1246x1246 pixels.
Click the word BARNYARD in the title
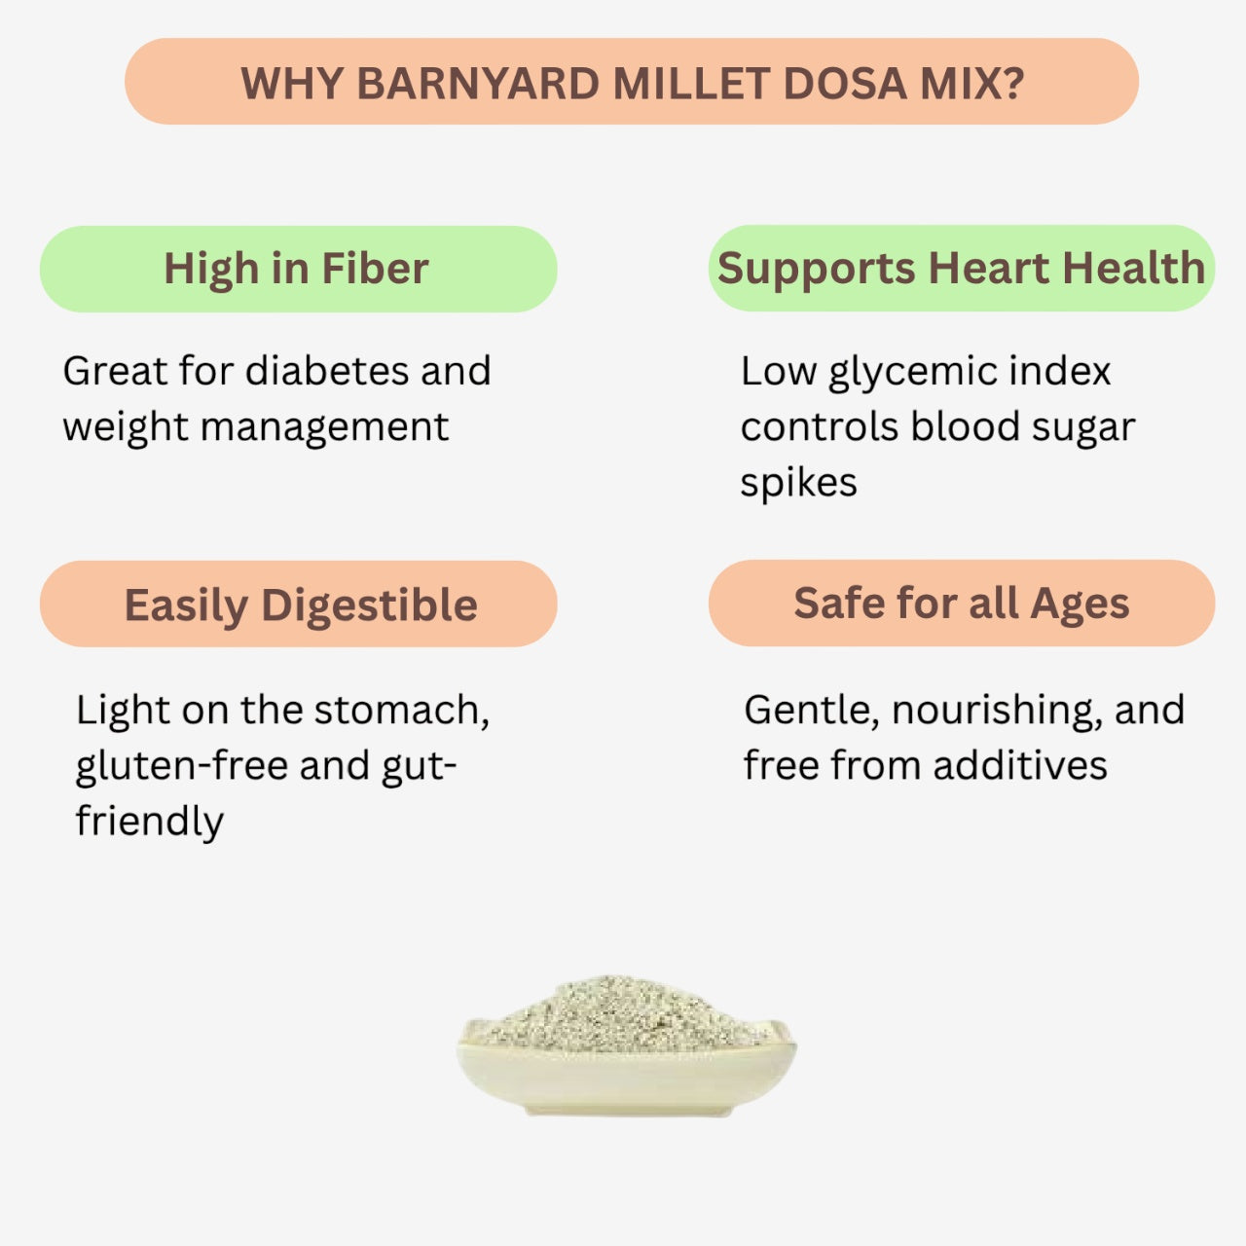[x=478, y=84]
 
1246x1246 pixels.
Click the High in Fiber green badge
[x=298, y=270]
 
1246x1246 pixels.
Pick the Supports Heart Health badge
[x=961, y=269]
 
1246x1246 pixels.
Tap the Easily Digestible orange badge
[x=298, y=605]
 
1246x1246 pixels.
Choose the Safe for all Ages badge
[x=961, y=604]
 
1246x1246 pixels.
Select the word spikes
[x=798, y=484]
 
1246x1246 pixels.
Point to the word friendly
[x=149, y=822]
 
